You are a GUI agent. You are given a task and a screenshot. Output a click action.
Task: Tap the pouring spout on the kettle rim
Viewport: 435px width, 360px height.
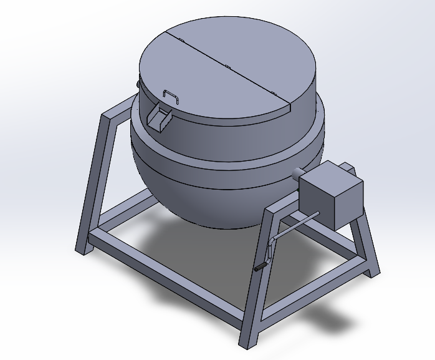point(160,119)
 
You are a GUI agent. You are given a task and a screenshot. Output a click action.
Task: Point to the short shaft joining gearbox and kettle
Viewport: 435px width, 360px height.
point(299,174)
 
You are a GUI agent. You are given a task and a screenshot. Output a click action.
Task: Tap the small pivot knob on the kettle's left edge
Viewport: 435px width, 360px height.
point(138,82)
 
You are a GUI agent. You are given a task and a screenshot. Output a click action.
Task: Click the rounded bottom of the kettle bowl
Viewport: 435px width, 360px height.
point(206,200)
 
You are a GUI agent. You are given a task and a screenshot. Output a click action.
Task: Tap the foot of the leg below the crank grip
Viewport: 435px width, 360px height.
point(247,342)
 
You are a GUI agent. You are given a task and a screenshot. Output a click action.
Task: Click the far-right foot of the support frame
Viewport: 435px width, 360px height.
point(373,273)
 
